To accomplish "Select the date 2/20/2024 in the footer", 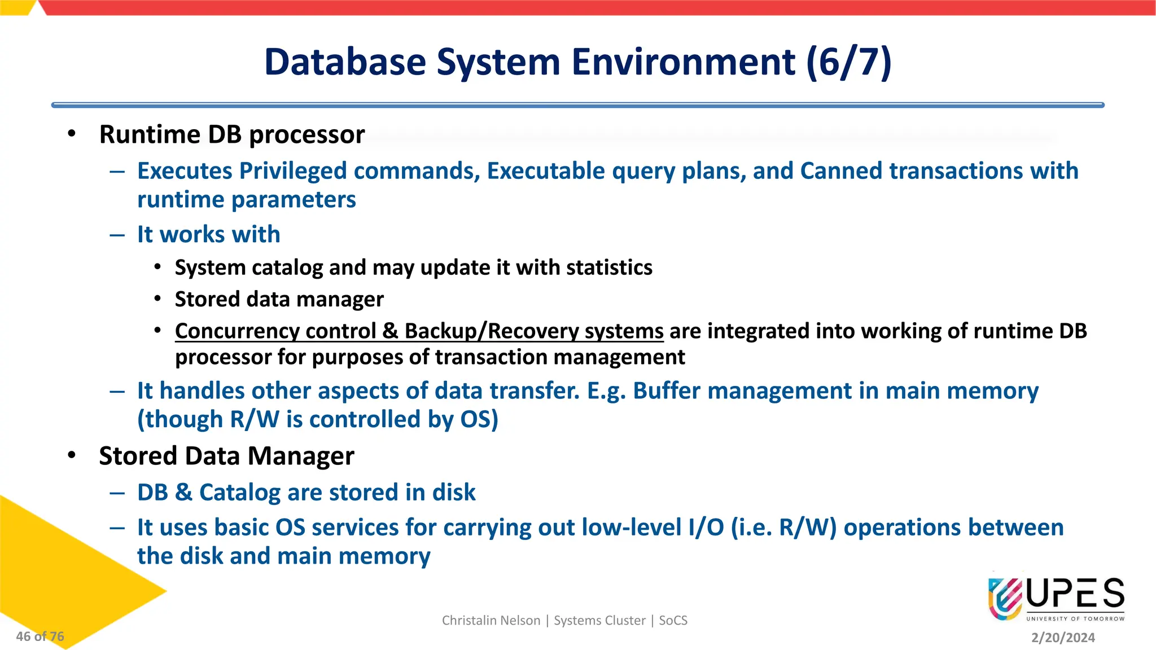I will (1063, 638).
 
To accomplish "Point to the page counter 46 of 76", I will (40, 636).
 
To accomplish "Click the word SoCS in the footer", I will (673, 621).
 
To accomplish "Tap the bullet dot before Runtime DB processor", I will (71, 134).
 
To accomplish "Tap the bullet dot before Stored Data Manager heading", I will (71, 455).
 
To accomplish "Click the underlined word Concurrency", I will (275, 331).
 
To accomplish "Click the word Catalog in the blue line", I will (239, 493).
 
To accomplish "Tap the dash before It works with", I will (117, 235).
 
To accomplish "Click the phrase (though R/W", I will (208, 420).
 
